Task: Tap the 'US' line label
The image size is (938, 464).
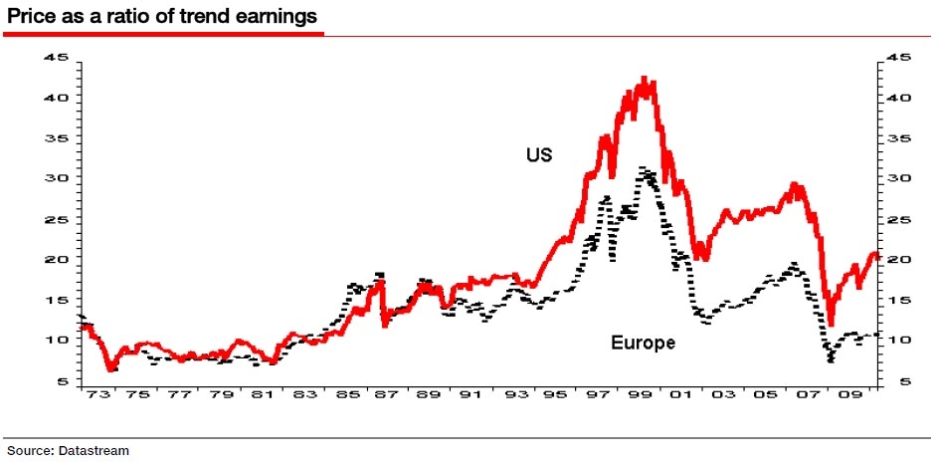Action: click(539, 154)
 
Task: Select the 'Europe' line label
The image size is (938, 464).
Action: click(643, 343)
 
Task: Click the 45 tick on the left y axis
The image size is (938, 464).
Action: click(57, 58)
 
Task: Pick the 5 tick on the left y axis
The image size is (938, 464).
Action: click(63, 381)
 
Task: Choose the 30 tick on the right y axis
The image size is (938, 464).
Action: click(898, 178)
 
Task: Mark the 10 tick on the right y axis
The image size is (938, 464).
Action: click(898, 340)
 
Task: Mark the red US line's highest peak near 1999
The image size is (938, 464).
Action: click(645, 77)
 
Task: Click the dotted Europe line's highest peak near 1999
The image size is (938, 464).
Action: click(645, 168)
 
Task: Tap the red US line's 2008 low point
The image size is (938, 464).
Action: click(831, 325)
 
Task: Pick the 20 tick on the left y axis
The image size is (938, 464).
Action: click(57, 259)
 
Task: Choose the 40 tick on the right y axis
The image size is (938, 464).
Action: click(898, 98)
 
